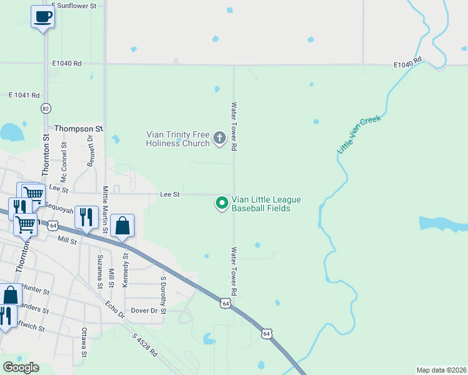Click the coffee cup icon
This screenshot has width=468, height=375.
coord(43,16)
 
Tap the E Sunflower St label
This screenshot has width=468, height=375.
coord(74,6)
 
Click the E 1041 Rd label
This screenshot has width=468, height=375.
coord(24,95)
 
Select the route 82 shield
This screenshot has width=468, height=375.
coord(45,108)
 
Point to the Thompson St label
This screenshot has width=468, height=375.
coord(78,128)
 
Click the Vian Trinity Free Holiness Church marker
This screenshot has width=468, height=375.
coord(219,138)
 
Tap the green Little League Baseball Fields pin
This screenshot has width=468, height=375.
coord(221,203)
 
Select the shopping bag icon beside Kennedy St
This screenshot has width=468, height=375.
coord(123,225)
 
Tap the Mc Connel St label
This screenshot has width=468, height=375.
coord(63,158)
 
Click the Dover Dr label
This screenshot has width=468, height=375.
coord(145,310)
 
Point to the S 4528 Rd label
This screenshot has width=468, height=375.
coord(145,345)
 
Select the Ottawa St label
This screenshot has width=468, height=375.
coord(84,346)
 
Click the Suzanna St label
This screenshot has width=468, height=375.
coord(99,271)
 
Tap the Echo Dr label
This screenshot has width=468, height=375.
coord(115,311)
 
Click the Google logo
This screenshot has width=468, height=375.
coord(21,367)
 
